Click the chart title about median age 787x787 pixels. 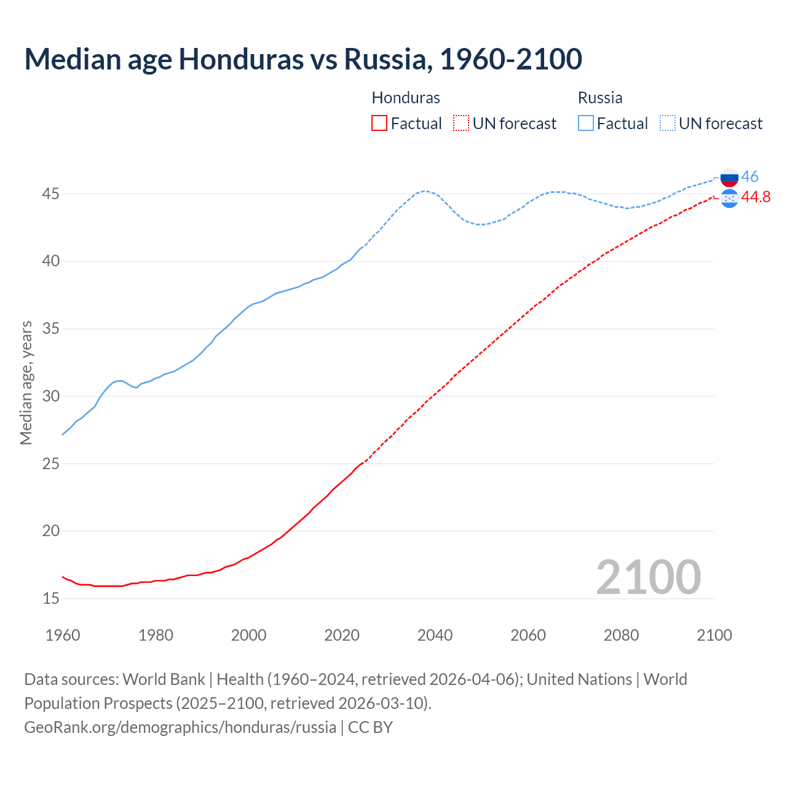click(x=303, y=59)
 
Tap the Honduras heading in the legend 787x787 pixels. click(x=406, y=98)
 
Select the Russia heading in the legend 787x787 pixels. click(x=600, y=98)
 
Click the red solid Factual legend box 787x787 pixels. click(x=379, y=124)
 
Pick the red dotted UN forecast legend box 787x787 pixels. click(x=461, y=124)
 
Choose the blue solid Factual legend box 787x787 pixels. click(x=586, y=124)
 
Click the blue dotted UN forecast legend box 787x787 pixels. click(x=668, y=124)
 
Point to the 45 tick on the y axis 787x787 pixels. click(x=51, y=194)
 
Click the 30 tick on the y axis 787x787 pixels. click(x=51, y=397)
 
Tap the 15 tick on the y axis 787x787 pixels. click(x=51, y=598)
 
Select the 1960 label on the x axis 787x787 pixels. click(x=63, y=635)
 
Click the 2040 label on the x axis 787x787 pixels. click(x=435, y=635)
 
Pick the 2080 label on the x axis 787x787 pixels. click(x=621, y=635)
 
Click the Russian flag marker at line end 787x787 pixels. click(x=729, y=178)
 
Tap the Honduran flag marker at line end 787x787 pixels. click(x=729, y=198)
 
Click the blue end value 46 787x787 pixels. click(x=749, y=177)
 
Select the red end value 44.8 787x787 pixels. click(x=756, y=197)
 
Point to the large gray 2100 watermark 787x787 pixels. click(x=648, y=577)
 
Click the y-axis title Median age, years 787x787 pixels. click(x=26, y=382)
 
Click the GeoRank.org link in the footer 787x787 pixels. click(x=180, y=727)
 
